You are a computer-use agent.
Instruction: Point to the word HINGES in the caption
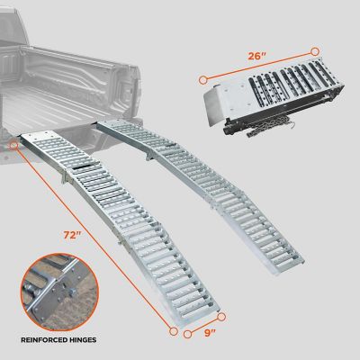point(101,340)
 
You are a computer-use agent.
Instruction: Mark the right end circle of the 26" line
point(314,52)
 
